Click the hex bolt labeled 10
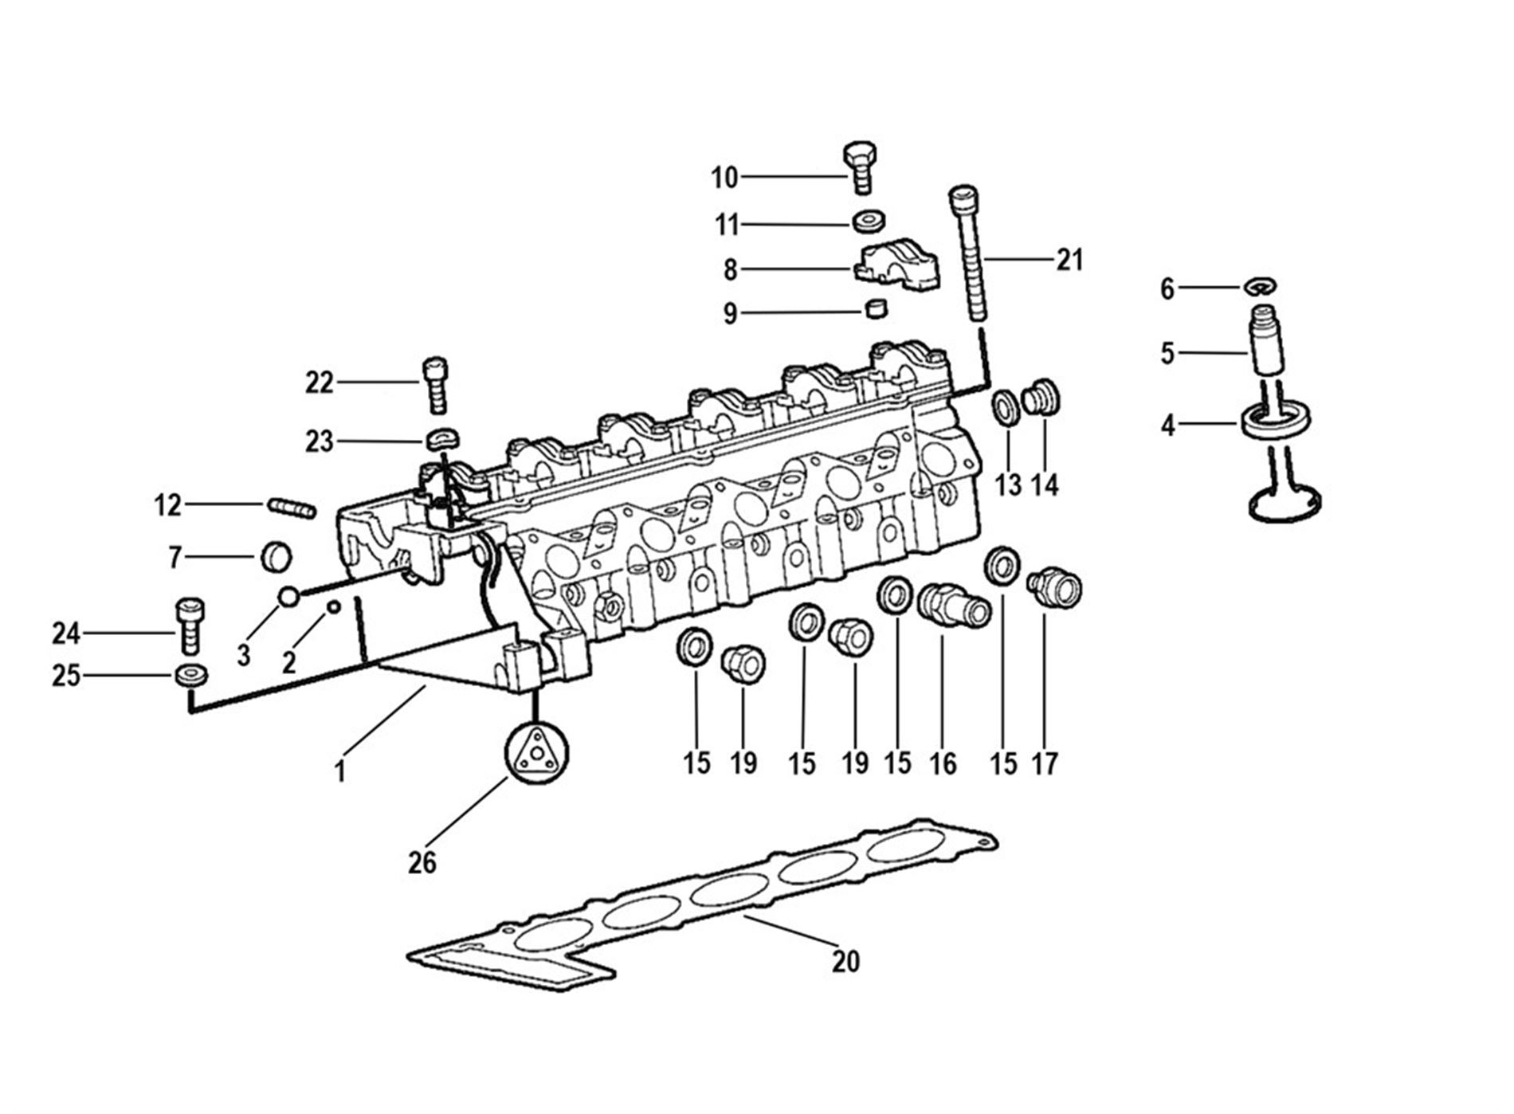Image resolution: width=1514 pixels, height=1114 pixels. pos(860,167)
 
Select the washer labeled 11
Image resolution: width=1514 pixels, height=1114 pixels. pos(869,221)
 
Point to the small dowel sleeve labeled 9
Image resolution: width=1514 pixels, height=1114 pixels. pos(877,308)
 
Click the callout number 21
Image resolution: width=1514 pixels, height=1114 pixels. pos(1070,260)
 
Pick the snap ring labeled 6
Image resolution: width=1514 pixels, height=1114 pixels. pos(1261,285)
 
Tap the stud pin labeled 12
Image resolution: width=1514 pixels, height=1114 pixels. pos(292,507)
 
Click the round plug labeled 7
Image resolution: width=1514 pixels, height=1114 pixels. pos(277,557)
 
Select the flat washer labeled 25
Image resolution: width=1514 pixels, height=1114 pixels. pos(191,675)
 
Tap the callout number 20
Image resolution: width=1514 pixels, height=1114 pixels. pos(845,961)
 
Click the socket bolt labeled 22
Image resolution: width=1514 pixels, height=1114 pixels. pos(434,386)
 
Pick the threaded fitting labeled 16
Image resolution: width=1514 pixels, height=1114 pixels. pos(954,606)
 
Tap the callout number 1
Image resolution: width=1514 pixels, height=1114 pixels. pos(340,771)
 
